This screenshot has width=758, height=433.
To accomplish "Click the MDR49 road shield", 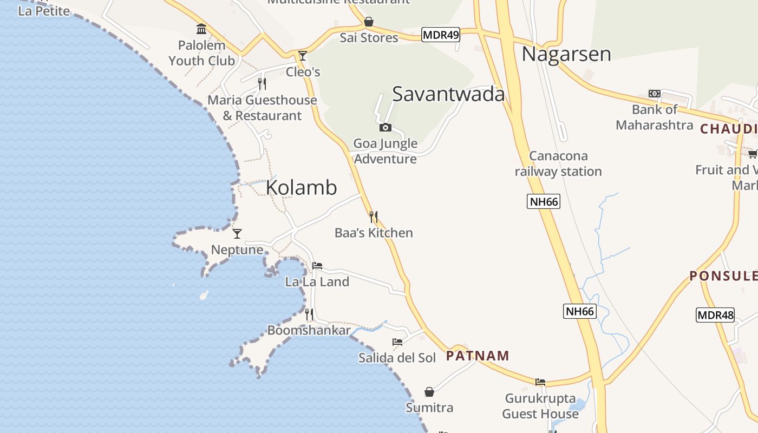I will pos(440,35).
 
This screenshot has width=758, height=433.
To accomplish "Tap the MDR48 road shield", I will pos(715,314).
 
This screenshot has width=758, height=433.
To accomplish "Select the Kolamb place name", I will pos(301,187).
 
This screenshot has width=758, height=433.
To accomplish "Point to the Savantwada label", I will pos(448,94).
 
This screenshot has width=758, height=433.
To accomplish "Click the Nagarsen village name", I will pos(566,54).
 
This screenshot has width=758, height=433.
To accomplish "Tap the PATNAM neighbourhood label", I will pos(478,356).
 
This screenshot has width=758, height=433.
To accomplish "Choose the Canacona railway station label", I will pos(558,163).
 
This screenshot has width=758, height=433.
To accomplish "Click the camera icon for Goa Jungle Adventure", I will pos(385,128).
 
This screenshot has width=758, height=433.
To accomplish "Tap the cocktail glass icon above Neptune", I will pos(237,234).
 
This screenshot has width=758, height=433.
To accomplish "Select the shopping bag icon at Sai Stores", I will pos(369,22).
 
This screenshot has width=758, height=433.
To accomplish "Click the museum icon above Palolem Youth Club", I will pos(201,29).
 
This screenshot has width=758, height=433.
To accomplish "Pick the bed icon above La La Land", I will pos(317,266).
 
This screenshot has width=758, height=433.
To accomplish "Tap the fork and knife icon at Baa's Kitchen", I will pos(373,217).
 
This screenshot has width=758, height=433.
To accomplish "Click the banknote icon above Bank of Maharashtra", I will pos(654,94).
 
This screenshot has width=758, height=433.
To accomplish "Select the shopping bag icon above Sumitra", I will pos(429,391).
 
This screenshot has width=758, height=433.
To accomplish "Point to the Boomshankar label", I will pos(309,330).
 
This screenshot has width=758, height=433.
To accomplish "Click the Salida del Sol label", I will pos(397,358).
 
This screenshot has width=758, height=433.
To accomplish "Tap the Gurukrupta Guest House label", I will pos(540,406).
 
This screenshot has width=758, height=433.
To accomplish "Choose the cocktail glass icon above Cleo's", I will pos(303,56).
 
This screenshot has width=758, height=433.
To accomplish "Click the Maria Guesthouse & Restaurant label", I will pos(262,108).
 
